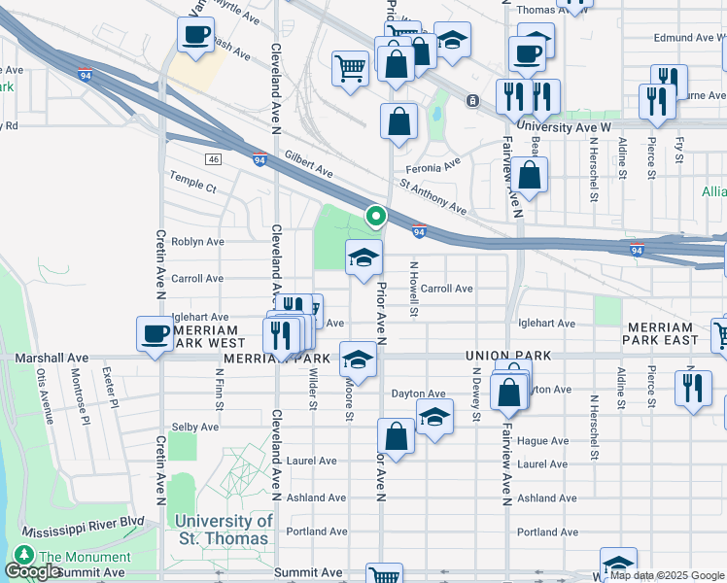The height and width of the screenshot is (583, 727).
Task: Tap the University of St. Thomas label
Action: coord(225,530)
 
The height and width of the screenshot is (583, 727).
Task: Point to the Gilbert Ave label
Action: coord(308,164)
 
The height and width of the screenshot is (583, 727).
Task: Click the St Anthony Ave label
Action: coord(433,196)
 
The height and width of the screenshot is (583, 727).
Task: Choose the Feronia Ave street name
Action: coord(433,167)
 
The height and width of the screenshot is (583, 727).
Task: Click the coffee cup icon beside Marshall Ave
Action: coord(155,334)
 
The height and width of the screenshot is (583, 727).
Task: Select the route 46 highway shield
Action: coord(213,158)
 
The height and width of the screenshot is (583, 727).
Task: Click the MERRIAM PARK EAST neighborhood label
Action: coord(662,334)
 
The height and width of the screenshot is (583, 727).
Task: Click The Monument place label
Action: coord(85,557)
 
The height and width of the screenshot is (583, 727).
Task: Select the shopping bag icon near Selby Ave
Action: coord(397,437)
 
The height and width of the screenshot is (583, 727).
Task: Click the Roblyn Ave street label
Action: coord(197,242)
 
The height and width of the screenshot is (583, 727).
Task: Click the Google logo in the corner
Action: coord(34,571)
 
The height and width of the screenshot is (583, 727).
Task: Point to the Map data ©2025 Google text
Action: coord(666,575)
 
